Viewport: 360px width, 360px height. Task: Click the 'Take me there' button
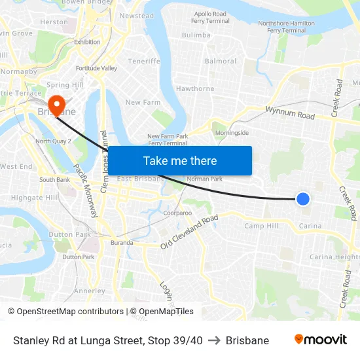click(179, 160)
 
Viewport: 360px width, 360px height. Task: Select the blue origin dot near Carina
click(302, 198)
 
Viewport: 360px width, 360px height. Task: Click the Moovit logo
click(320, 340)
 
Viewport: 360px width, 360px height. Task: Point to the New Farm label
click(143, 102)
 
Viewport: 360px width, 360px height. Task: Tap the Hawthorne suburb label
click(195, 88)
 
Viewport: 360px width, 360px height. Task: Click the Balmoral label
click(221, 61)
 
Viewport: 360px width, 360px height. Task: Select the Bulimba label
click(196, 35)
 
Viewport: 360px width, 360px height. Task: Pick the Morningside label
click(232, 132)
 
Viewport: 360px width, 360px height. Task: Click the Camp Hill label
click(261, 226)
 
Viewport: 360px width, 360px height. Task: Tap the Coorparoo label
click(177, 213)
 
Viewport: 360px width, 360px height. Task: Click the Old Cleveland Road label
click(189, 232)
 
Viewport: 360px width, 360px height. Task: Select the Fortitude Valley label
click(96, 68)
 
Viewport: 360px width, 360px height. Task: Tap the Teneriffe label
click(144, 61)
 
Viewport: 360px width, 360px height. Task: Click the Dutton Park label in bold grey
click(69, 234)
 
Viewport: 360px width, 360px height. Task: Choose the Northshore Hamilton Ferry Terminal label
click(286, 27)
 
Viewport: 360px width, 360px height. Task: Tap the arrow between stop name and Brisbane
click(214, 340)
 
